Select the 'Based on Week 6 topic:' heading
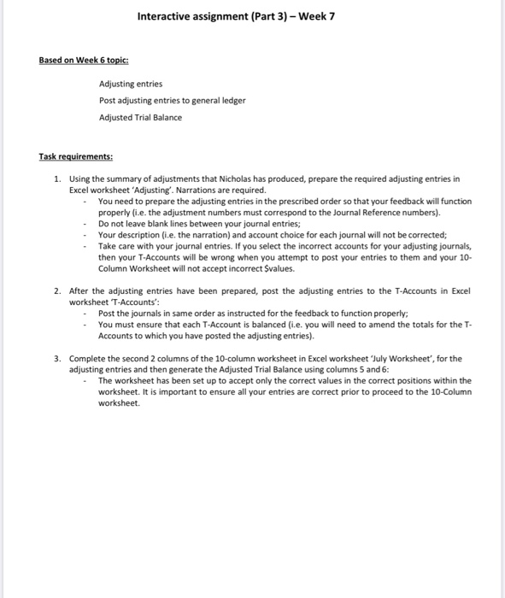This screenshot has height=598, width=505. [84, 60]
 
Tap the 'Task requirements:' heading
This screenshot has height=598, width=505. [76, 157]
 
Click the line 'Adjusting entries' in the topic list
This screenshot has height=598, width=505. [131, 84]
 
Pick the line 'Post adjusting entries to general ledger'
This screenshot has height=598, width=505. [172, 100]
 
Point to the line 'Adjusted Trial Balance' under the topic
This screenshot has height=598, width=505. [140, 117]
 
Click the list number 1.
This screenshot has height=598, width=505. [56, 180]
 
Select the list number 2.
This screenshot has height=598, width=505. [56, 290]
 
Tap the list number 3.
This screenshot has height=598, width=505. [56, 358]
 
